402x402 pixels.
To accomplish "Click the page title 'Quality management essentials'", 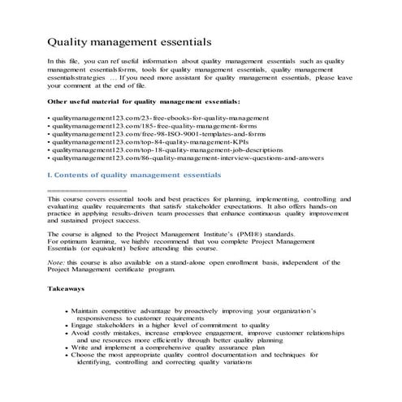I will [130, 41].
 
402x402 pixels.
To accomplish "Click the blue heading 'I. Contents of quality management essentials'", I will [134, 174].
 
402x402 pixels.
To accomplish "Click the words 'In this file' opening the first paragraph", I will [64, 62].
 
